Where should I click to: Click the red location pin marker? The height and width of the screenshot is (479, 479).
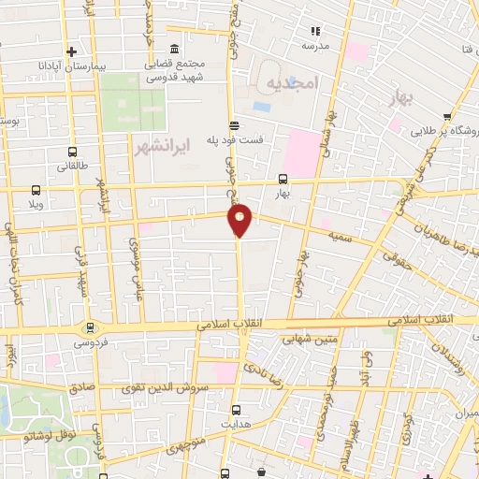[x=240, y=219]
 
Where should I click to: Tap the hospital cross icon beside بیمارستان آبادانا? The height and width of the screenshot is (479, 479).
[x=72, y=51]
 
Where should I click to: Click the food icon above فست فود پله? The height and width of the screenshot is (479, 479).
[x=233, y=124]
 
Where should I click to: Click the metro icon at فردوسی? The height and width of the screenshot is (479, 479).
[x=91, y=327]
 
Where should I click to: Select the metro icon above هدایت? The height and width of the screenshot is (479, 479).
[x=234, y=409]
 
